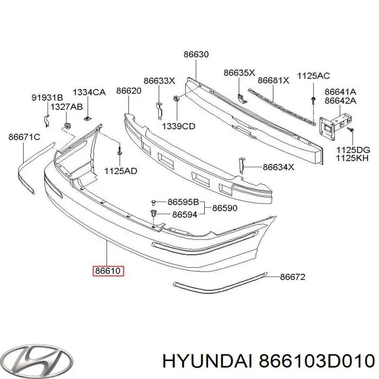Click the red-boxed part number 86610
tap(109, 271)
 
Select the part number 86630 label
tap(196, 54)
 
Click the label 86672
tap(292, 277)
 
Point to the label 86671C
tap(24, 137)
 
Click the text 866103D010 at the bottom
tap(315, 361)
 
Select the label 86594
tap(184, 215)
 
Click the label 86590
tap(225, 208)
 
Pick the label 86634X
tap(279, 167)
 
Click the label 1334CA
tap(89, 92)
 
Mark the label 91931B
tap(47, 98)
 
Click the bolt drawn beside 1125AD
tap(119, 153)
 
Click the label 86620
tap(129, 91)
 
